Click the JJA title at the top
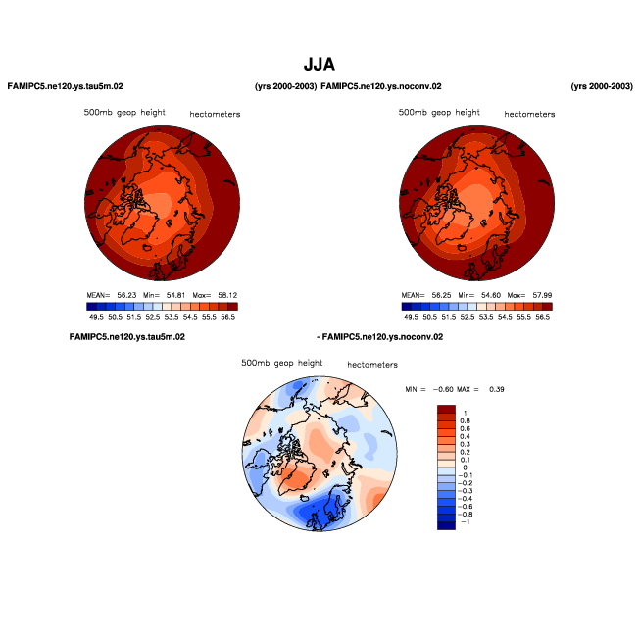click(320, 65)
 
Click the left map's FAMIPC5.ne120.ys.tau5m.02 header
click(65, 87)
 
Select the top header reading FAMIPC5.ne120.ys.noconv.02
click(381, 87)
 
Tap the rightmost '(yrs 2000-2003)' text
click(602, 87)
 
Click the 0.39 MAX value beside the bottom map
click(498, 390)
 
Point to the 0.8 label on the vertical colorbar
click(467, 419)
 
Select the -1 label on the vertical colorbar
click(467, 522)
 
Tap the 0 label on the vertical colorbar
click(465, 468)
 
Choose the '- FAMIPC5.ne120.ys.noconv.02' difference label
click(379, 337)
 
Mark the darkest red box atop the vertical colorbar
click(446, 408)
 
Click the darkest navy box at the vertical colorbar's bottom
click(446, 525)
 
